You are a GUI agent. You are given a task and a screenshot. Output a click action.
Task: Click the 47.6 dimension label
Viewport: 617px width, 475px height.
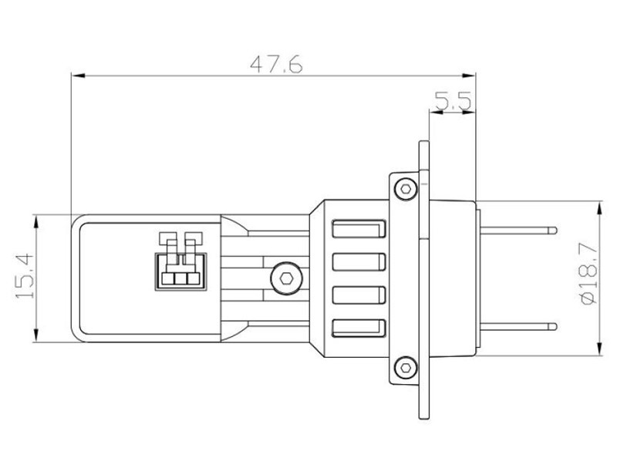(x=277, y=64)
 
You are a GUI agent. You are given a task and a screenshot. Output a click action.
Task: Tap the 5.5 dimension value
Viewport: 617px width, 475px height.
(x=453, y=101)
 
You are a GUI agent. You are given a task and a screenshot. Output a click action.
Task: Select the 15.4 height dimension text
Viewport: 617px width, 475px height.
(x=25, y=276)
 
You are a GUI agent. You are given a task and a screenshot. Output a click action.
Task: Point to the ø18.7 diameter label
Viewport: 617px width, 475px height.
(x=589, y=275)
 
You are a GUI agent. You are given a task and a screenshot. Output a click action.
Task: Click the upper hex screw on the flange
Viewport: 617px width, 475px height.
(x=406, y=188)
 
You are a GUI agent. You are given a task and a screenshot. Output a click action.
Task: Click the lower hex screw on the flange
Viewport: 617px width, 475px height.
(x=406, y=368)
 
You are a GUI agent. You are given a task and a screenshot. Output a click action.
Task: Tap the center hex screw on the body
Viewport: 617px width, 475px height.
(x=286, y=278)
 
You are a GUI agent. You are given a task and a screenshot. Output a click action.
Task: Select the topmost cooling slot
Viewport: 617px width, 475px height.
(x=359, y=229)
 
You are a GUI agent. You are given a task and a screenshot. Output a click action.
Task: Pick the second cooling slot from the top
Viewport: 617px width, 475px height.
(x=359, y=261)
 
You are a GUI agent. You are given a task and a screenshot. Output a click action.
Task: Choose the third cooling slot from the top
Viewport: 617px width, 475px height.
(x=359, y=295)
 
